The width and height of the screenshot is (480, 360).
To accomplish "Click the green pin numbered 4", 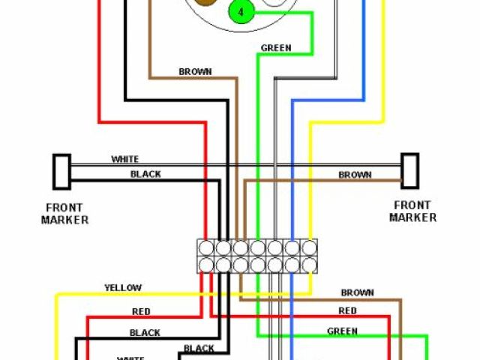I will (x=241, y=13).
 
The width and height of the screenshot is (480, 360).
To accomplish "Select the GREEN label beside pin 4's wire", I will (x=276, y=48).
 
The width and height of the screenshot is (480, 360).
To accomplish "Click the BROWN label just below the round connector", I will (x=195, y=72).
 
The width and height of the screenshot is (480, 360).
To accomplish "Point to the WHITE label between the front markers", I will (x=125, y=159).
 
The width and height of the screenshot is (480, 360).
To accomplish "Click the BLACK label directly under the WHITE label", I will (x=145, y=174).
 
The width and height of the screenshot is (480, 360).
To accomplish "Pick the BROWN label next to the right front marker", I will (x=355, y=175).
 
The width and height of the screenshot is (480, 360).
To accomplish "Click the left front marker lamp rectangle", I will (x=61, y=172).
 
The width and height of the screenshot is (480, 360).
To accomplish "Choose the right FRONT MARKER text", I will (x=412, y=211).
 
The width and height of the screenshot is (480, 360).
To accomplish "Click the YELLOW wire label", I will (x=123, y=288).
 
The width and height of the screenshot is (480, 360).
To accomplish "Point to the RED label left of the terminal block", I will (x=140, y=311).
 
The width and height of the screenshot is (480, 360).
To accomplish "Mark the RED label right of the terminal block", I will (x=347, y=310).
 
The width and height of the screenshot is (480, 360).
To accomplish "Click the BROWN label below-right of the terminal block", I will (x=357, y=292).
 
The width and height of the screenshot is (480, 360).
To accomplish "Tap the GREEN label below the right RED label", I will (x=342, y=331).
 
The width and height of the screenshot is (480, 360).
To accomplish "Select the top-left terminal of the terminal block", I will (x=206, y=247).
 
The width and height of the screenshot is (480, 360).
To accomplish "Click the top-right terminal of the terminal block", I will (x=308, y=247).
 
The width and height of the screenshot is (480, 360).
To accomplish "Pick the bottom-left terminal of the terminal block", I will (x=206, y=264).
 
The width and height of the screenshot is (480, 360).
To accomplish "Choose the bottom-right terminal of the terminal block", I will (x=308, y=264).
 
